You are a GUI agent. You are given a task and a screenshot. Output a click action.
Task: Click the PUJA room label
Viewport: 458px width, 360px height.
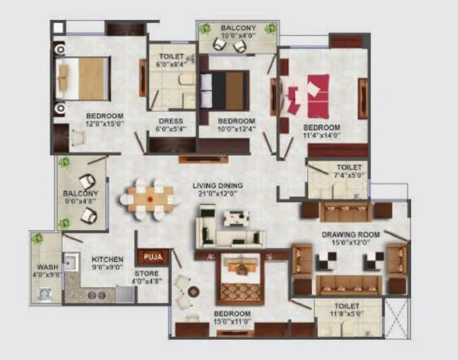click(x=153, y=256)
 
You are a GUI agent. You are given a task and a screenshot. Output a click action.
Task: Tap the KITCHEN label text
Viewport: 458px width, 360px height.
click(x=107, y=259)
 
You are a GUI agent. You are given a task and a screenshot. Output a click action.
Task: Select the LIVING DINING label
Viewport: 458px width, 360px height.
click(x=218, y=186)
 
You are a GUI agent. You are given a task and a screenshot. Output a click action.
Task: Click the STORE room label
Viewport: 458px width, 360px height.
click(x=146, y=274)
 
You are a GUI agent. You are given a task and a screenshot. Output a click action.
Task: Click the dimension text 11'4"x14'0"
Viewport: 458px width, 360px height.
click(x=321, y=136)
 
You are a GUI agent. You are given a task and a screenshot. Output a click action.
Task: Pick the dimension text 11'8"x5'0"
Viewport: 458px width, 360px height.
click(x=348, y=313)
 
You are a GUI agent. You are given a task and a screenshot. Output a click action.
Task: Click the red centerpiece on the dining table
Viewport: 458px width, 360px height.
click(x=150, y=200)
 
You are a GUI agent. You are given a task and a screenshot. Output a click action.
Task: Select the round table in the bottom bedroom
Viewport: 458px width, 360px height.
click(x=194, y=292)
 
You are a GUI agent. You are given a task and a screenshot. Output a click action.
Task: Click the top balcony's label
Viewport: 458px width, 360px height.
click(x=237, y=28)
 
